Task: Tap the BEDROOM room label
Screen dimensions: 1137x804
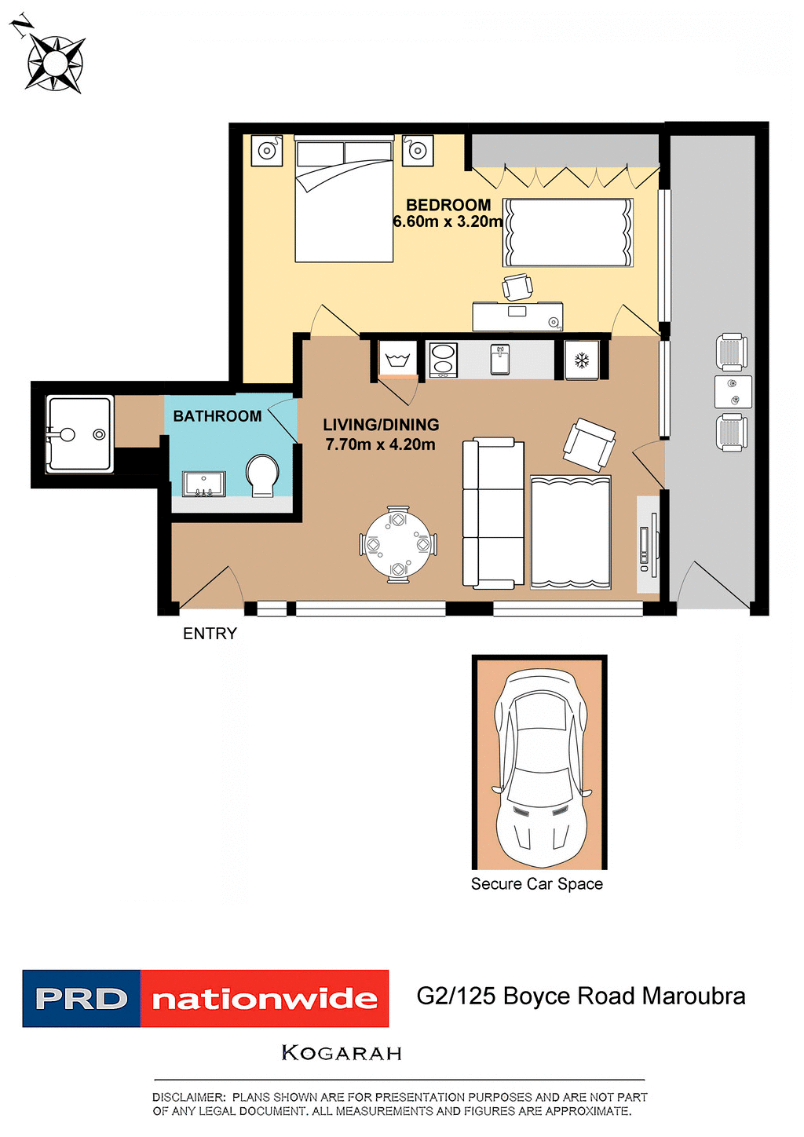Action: click(x=448, y=205)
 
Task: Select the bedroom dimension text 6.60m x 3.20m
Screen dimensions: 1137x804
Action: click(x=448, y=222)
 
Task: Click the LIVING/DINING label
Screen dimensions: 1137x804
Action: click(x=381, y=425)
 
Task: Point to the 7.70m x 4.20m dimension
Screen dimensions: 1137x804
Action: click(x=380, y=444)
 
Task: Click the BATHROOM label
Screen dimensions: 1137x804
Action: click(x=217, y=416)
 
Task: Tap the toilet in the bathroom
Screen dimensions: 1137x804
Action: click(x=262, y=476)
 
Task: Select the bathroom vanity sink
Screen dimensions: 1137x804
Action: click(x=204, y=484)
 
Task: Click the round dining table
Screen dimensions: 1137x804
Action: click(x=398, y=544)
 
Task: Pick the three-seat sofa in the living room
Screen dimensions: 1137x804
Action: click(x=493, y=514)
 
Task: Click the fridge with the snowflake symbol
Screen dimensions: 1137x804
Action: click(x=582, y=360)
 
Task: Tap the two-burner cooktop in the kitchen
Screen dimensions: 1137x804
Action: click(x=443, y=360)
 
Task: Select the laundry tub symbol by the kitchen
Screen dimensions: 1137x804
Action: click(x=398, y=360)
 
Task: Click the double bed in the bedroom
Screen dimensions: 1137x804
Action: click(x=344, y=201)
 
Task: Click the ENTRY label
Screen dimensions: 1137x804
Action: click(x=210, y=634)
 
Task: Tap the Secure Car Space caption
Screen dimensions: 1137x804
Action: click(x=537, y=884)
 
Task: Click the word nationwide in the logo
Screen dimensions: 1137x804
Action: click(x=265, y=1000)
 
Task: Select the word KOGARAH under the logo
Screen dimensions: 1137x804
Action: click(x=342, y=1053)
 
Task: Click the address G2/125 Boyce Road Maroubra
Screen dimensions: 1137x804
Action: click(x=581, y=996)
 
